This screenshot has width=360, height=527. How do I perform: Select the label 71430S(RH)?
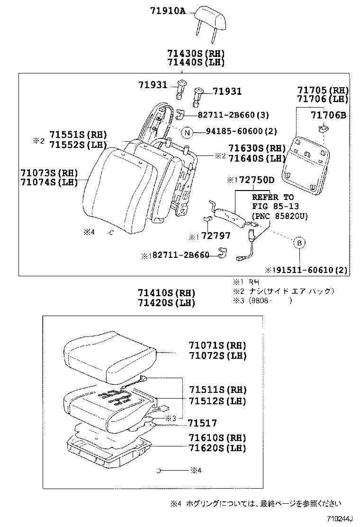coord(196,53)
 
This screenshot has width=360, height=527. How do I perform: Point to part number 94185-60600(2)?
coord(235,132)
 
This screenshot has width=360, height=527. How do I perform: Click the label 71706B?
coord(328,115)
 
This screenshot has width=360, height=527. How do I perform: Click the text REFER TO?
coord(272,197)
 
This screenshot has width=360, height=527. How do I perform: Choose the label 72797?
coord(216,236)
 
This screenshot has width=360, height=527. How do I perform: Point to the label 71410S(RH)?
coord(166,293)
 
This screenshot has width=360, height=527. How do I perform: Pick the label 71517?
coord(202,423)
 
